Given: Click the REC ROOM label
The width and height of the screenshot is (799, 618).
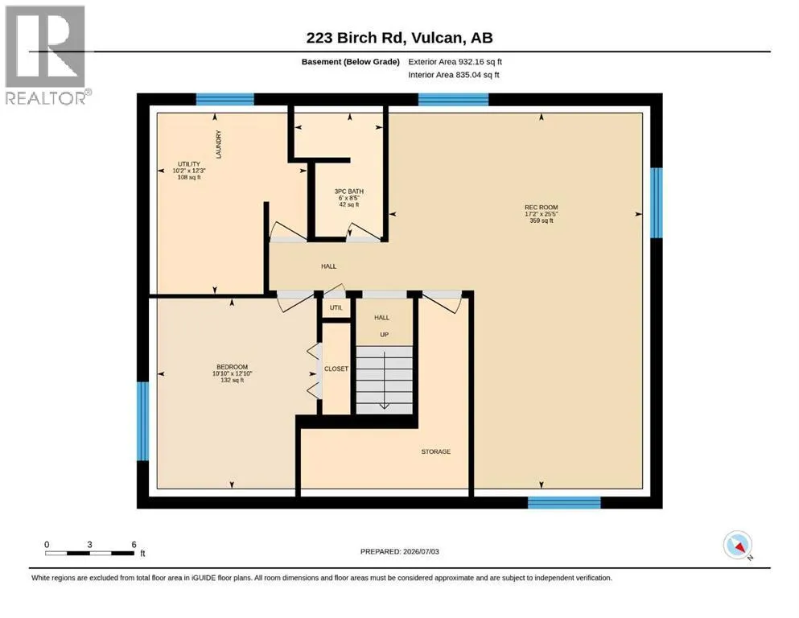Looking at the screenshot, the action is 542,208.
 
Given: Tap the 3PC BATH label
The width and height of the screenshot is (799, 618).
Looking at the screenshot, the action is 349,192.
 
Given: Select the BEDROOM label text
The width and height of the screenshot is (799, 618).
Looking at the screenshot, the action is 233,367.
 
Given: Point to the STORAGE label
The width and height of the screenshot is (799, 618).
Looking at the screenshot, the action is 435,451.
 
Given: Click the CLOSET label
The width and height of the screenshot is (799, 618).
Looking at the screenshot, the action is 336,369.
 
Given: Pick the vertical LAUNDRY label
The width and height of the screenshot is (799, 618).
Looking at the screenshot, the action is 219,144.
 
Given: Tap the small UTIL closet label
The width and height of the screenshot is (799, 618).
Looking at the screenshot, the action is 336,307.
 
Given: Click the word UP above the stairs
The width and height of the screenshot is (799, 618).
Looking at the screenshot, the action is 385,335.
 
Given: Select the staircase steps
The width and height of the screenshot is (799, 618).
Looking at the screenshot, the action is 385,380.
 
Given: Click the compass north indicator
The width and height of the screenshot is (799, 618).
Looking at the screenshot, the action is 738,545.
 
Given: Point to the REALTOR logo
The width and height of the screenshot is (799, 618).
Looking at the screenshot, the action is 47,55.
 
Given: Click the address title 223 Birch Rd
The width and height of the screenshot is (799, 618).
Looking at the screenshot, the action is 355,38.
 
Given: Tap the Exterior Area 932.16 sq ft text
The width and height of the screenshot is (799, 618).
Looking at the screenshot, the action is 455,62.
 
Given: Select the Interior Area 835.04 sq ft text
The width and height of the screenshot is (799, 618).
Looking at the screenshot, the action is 454,75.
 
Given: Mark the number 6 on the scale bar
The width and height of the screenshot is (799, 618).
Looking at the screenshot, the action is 134,545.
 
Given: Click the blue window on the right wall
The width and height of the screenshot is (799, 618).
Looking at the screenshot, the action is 657,203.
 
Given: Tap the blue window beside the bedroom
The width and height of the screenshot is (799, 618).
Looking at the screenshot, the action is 143,422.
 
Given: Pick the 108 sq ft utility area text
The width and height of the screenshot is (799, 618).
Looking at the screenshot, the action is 189,177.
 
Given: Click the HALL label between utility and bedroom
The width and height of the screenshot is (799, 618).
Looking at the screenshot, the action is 328,266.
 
